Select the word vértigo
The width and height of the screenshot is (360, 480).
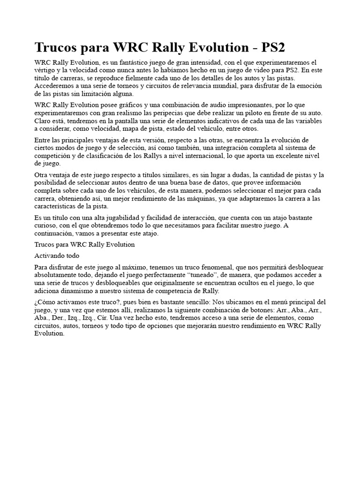click(46, 70)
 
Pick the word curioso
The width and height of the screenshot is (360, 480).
click(46, 226)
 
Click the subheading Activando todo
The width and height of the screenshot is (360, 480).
click(57, 255)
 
